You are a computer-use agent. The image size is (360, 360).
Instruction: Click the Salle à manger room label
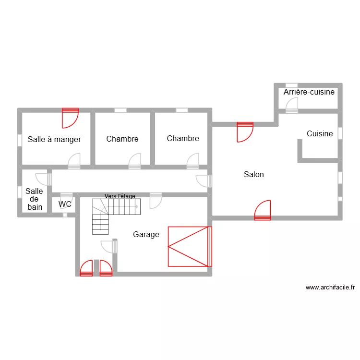pos(54,140)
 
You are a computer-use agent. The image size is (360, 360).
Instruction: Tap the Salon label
pos(253,175)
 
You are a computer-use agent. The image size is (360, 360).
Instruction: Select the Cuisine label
pos(320,134)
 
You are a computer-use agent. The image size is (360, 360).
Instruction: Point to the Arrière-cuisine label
pos(309,92)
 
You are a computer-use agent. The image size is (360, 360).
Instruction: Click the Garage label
pos(146,235)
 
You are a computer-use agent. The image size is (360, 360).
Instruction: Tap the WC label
pos(65,204)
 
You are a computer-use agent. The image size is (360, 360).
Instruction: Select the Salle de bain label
pos(34,199)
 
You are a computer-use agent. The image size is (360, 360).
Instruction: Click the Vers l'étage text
pos(120,196)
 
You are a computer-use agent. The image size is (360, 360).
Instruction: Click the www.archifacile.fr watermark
pos(330,288)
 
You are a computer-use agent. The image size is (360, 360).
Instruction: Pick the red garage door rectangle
pos(189,246)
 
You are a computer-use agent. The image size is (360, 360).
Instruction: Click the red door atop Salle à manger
pos(70,118)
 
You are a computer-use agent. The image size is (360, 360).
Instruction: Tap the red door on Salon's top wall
pos(245,132)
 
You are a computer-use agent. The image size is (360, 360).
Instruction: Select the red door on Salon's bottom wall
pos(263,211)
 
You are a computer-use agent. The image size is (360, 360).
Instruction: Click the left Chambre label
pos(122,139)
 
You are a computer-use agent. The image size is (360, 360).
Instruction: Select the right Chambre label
pos(183,139)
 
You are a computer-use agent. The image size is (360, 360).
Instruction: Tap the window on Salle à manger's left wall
pos(20,140)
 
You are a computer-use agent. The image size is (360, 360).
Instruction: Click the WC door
pos(66,196)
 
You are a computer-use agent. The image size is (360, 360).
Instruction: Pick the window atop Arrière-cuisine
pos(291,85)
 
